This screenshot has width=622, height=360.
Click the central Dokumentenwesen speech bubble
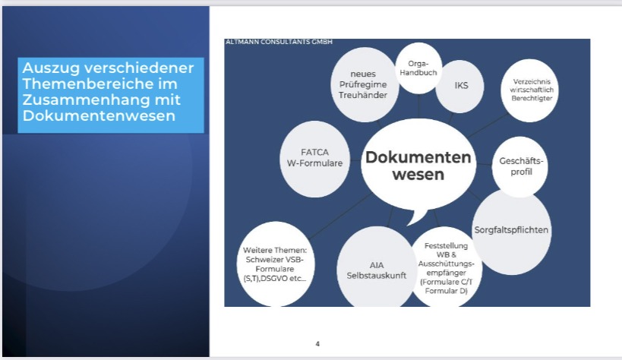click(x=418, y=166)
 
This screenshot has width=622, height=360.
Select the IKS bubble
click(x=460, y=87)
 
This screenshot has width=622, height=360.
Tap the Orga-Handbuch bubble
click(x=418, y=68)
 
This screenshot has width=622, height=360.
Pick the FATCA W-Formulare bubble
click(x=314, y=159)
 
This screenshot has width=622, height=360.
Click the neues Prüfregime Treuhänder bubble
click(x=365, y=84)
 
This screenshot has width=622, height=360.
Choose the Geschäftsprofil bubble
click(x=520, y=166)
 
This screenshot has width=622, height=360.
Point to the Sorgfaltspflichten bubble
click(x=512, y=232)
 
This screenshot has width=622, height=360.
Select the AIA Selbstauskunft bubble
click(x=377, y=268)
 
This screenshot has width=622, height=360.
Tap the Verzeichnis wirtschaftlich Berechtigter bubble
click(x=530, y=90)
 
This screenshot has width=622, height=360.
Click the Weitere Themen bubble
click(x=275, y=264)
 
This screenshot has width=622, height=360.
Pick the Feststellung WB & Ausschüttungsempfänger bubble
click(x=447, y=267)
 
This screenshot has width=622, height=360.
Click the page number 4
click(x=317, y=344)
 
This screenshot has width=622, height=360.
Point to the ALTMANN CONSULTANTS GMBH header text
click(x=279, y=42)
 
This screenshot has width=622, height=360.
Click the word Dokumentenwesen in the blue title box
click(x=99, y=115)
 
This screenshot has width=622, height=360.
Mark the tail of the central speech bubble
click(x=417, y=217)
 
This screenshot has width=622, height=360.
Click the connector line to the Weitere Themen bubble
click(x=340, y=216)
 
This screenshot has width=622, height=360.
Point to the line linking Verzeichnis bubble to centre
click(x=488, y=125)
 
